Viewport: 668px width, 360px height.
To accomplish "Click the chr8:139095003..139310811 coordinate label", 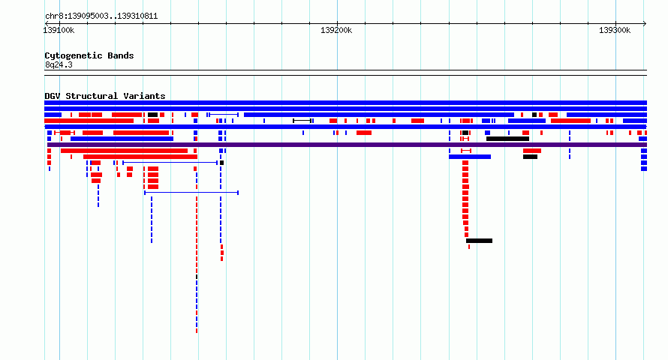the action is coord(101,16).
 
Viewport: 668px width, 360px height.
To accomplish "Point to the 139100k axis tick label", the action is coord(59,30).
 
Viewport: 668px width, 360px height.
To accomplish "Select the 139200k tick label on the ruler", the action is coord(336,30).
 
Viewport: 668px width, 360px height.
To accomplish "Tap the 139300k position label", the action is coord(615,30).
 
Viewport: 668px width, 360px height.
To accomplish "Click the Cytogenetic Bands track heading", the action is coord(89,55).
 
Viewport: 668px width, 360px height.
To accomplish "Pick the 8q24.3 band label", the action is coord(59,64).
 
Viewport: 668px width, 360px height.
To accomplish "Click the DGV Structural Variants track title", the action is coord(105,96).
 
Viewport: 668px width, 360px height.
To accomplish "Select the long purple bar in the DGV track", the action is coord(347,145).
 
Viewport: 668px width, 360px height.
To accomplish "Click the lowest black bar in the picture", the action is coord(480,241).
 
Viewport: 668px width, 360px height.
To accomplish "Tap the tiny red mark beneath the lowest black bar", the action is coord(469,247).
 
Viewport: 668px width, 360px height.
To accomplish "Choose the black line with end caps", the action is coord(302,121).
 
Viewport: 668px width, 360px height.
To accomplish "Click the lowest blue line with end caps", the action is coord(191,193).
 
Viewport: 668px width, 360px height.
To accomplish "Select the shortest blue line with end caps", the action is coord(224,115).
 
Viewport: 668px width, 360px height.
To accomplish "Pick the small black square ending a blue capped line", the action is coord(221,163).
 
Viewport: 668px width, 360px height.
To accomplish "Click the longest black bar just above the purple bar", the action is coord(508,139).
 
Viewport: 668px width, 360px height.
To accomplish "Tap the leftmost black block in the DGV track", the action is coord(153,115).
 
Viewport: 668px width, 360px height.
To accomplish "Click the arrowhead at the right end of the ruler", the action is coord(645,24).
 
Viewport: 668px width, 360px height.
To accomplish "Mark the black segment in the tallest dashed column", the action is coord(197,277).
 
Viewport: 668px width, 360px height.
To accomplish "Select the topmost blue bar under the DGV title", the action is coord(345,103).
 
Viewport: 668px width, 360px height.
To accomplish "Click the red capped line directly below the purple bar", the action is coord(466,151).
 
